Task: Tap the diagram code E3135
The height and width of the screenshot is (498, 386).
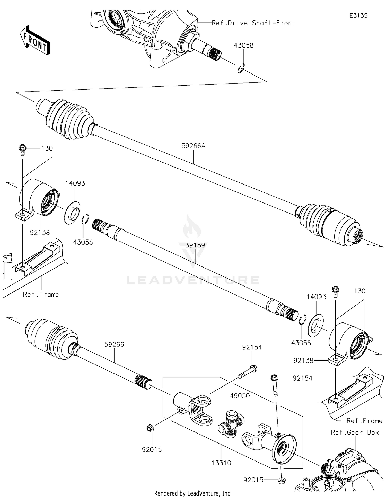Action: tap(358, 16)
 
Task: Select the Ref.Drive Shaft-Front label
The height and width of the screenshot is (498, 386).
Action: tap(253, 23)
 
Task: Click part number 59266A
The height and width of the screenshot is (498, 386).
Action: tap(193, 146)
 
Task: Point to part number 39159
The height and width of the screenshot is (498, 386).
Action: tap(195, 245)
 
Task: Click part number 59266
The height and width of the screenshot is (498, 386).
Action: tap(114, 344)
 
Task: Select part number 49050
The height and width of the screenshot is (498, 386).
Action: tap(240, 396)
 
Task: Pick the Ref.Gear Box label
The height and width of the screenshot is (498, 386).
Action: tap(355, 433)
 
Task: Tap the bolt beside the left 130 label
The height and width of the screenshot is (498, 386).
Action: tap(22, 150)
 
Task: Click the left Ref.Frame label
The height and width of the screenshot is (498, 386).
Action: tap(41, 294)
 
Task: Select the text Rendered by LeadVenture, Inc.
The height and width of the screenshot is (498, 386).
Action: tap(193, 493)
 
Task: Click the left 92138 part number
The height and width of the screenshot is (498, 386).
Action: tap(40, 233)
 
